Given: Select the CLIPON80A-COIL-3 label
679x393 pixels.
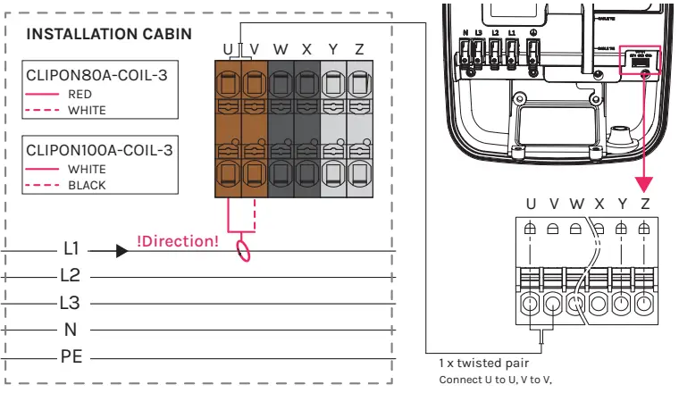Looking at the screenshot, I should coord(96,74).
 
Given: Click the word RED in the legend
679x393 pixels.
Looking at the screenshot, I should coord(80,93).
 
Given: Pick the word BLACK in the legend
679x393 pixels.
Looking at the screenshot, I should coord(87,186).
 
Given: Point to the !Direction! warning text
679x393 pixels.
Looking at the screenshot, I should coord(177,240).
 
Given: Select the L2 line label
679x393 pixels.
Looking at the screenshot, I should coord(71,274).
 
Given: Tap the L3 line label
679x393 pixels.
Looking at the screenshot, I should coord(71,303).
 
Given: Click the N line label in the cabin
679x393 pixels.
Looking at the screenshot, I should coord(71,330).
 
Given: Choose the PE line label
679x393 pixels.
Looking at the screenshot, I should coord(71,357).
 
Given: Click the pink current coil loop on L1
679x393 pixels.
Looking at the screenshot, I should coord(242,249).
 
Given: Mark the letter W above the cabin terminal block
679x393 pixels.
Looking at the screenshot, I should coord(280,48).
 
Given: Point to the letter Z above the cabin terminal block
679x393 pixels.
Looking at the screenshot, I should coord(358,48).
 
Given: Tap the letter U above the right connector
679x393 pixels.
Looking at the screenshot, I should coord(531,205).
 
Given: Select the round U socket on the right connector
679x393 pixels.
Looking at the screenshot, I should coord(531,305).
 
